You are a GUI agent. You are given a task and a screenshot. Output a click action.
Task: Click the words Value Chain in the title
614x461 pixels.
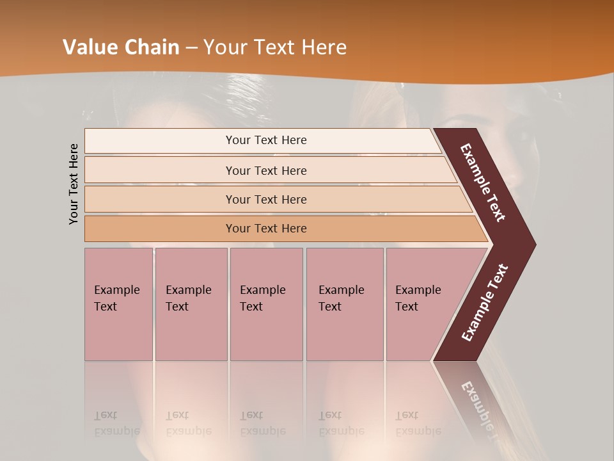point(121,47)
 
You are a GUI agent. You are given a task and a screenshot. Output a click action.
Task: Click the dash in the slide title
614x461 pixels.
point(191,48)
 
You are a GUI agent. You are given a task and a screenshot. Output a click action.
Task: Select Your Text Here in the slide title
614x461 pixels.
point(274,47)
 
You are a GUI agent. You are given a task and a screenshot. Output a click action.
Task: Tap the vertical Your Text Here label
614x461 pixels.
point(74,184)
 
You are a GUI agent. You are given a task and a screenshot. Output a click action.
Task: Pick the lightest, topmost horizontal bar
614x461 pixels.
point(265,140)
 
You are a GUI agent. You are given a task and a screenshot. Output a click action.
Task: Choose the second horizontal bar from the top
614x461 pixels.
point(265,170)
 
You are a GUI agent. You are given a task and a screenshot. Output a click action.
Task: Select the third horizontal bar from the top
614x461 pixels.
point(265,199)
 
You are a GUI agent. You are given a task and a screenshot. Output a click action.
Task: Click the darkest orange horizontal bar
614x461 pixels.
point(265,229)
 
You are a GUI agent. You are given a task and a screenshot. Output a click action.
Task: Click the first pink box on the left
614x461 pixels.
point(118,304)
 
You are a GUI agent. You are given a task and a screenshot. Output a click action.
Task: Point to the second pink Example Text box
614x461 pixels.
point(191,304)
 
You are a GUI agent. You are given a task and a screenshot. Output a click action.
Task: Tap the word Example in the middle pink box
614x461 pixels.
point(262,290)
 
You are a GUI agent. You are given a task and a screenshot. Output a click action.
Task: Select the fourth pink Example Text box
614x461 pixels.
point(344,304)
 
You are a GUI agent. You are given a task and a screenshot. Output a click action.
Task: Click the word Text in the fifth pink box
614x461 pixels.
point(407,307)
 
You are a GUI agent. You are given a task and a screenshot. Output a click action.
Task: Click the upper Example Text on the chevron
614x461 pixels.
point(484,183)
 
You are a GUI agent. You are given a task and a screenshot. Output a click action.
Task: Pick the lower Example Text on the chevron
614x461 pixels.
point(485,303)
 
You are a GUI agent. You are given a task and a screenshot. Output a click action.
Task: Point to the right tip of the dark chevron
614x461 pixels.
point(534,245)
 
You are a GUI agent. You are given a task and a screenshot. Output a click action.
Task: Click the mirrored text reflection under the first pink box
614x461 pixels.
point(117,423)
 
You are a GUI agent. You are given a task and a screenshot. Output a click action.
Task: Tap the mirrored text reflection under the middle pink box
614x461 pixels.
point(262,423)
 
